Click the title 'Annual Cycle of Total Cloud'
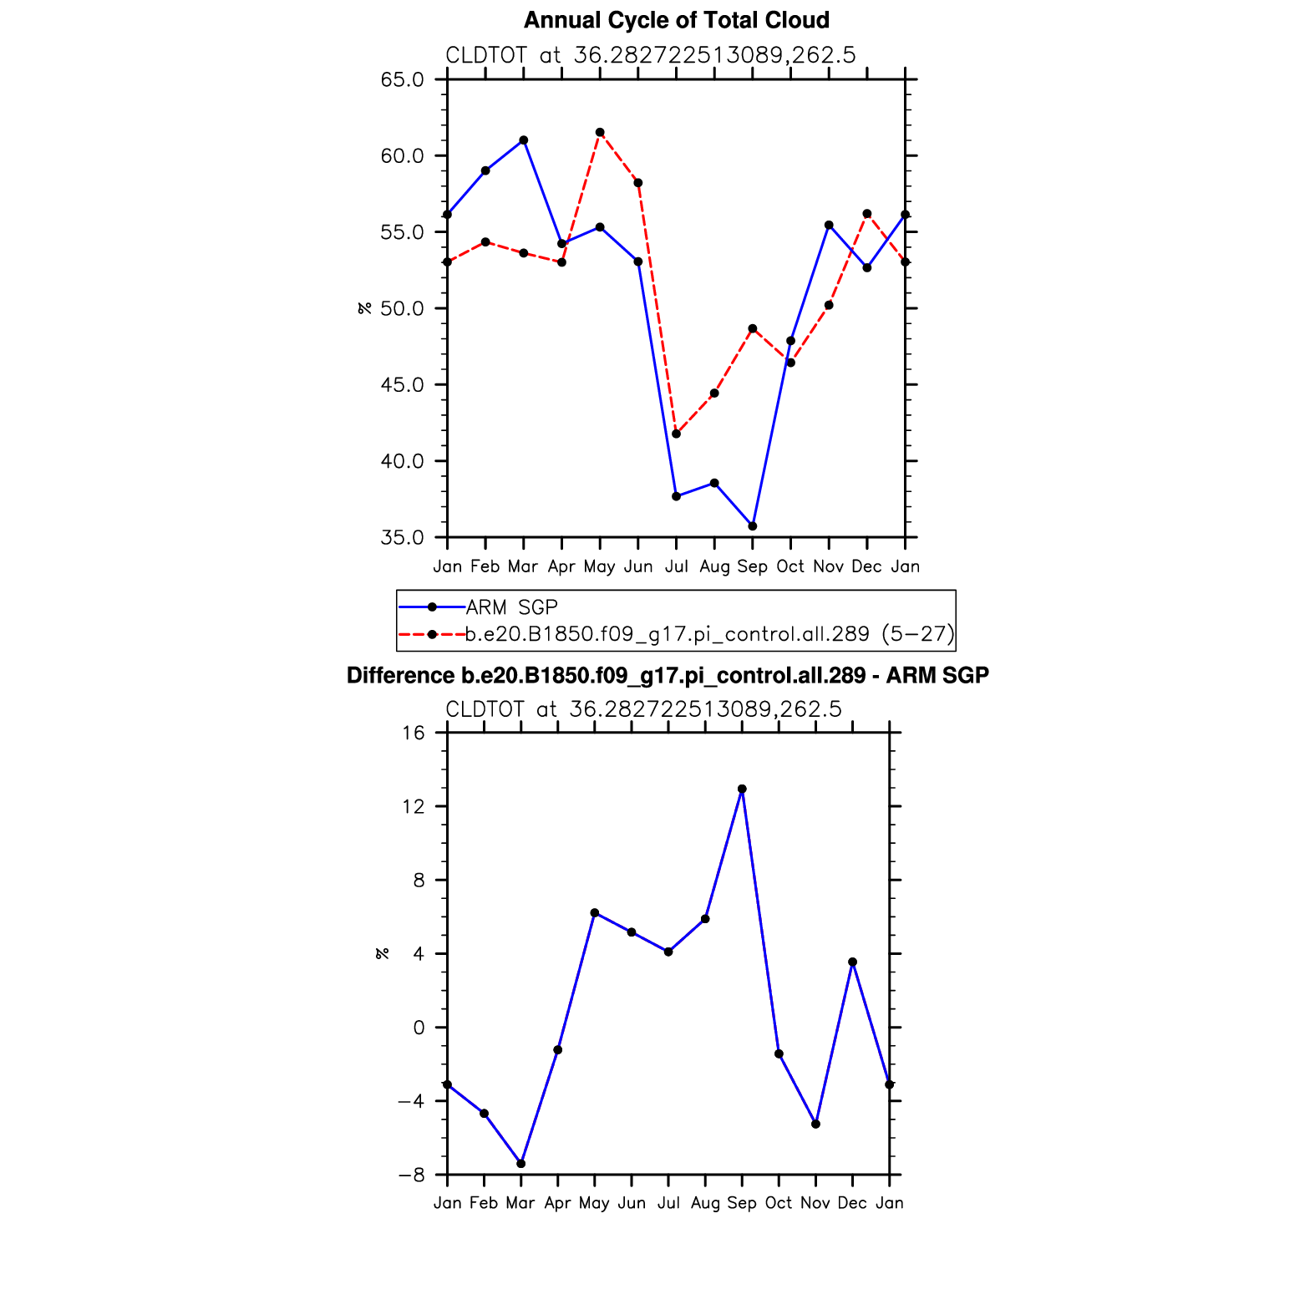[676, 20]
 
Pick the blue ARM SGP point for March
[523, 140]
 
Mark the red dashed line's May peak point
[600, 132]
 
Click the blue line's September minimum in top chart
[753, 526]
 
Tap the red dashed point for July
[676, 434]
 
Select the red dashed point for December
[867, 214]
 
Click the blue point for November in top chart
[829, 225]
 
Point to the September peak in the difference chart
[742, 789]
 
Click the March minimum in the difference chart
[521, 1164]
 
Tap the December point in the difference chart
[852, 962]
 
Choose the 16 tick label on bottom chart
[414, 733]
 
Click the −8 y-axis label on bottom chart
[410, 1175]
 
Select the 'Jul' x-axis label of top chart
[676, 566]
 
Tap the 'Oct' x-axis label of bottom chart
[779, 1203]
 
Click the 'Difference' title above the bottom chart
[667, 675]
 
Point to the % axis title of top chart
[364, 308]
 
